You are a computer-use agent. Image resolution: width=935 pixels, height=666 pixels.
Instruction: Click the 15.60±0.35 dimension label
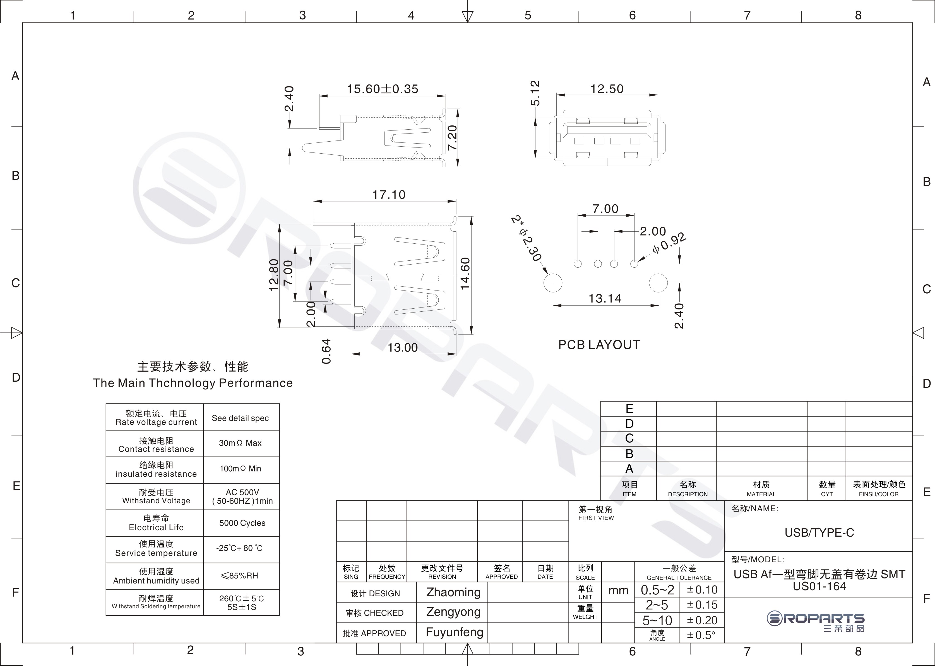pos(383,89)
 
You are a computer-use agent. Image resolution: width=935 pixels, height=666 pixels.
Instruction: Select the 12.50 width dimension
pos(607,89)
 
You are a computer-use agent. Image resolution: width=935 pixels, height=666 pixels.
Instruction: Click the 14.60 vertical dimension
pos(465,273)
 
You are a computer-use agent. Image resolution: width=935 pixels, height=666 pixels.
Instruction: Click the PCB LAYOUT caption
pos(599,345)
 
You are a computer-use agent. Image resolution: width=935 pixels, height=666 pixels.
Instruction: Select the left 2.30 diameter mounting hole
pos(553,283)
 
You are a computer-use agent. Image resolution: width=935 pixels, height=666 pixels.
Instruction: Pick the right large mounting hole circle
pos(658,283)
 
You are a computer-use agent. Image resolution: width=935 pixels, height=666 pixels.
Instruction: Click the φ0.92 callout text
pos(669,243)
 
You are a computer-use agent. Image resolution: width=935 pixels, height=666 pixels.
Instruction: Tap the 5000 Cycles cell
pos(242,523)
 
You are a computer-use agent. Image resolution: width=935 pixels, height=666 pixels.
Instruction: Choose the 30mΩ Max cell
pos(240,443)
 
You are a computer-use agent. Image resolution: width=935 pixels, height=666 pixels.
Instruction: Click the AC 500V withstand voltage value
pos(242,492)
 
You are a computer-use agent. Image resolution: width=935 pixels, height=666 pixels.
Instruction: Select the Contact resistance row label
pos(156,449)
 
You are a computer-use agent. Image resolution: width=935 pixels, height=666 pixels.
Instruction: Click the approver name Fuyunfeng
pos(454,632)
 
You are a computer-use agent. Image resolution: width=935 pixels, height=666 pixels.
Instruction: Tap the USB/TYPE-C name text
pos(819,533)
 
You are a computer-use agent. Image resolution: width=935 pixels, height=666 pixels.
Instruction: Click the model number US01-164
pos(819,587)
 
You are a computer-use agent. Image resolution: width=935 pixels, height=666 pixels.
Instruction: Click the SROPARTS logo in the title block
pos(816,622)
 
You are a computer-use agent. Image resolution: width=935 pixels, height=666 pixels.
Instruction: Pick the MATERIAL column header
pos(761,494)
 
